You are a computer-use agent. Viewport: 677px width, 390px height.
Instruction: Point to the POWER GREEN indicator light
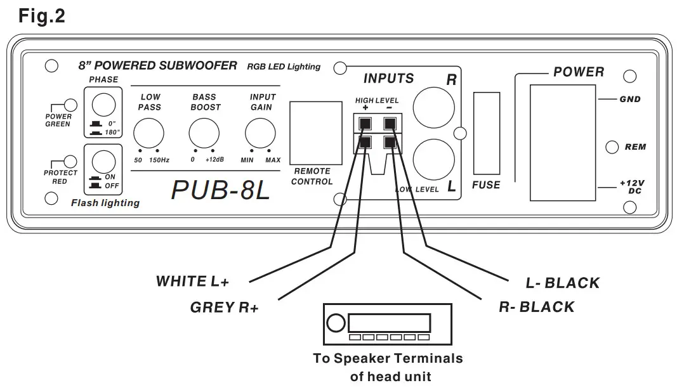[71, 105]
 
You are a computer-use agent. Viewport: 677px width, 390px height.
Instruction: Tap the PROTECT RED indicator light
[71, 163]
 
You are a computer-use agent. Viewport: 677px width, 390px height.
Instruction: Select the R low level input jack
[433, 106]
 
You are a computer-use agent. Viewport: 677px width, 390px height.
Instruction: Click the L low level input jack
[433, 159]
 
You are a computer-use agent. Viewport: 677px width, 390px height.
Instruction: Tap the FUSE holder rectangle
[486, 133]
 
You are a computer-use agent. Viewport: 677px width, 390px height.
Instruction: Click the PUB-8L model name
[220, 190]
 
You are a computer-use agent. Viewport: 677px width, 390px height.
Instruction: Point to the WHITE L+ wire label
[192, 282]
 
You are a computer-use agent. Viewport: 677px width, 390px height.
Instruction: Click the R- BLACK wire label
[536, 308]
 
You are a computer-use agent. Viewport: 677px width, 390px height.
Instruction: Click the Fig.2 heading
[42, 16]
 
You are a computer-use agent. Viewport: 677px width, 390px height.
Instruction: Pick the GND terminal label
[630, 100]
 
